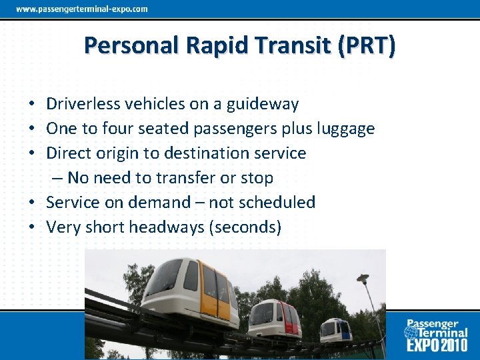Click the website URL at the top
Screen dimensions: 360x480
(82, 9)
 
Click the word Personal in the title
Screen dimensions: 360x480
(130, 45)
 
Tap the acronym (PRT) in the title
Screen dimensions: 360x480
(366, 45)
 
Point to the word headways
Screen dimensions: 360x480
(167, 227)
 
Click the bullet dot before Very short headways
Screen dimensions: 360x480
(32, 228)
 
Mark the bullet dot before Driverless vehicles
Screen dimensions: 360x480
(32, 105)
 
